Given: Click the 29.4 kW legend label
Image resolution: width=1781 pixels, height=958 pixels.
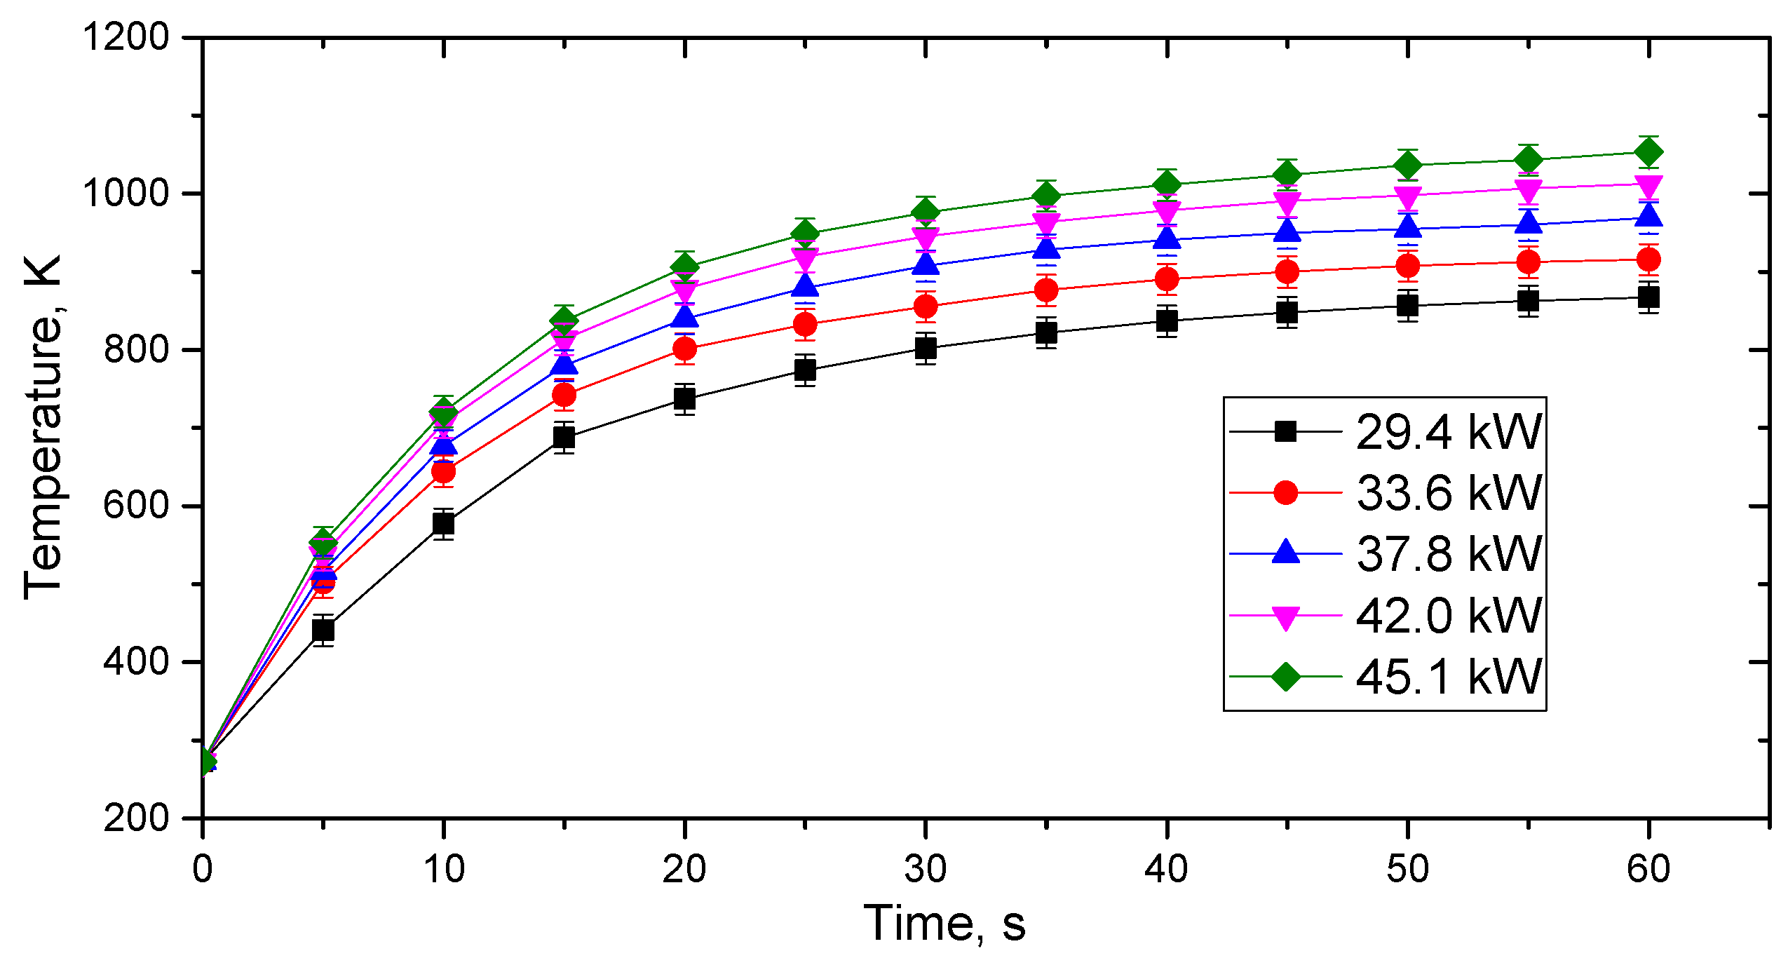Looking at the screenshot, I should coord(1449,431).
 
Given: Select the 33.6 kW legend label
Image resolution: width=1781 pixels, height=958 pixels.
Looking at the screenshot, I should coord(1449,492).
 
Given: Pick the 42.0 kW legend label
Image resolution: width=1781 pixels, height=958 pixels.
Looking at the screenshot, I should coord(1449,615).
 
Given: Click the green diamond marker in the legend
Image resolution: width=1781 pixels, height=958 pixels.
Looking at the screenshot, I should coord(1285,677).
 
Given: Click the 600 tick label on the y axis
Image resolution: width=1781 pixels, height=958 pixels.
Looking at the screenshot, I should coord(137,505).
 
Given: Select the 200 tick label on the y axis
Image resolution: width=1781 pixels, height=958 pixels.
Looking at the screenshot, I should coord(137,818).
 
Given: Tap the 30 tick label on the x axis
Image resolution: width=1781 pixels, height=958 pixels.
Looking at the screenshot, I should coord(926,869).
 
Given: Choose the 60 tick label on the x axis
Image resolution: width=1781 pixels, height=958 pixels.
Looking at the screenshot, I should coord(1648,869).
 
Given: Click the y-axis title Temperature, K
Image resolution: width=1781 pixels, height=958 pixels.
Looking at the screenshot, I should coord(43,428).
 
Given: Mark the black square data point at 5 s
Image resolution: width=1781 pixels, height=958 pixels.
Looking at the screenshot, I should coord(323,630).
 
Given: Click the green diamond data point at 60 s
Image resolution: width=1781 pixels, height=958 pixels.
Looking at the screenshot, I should coord(1648,152).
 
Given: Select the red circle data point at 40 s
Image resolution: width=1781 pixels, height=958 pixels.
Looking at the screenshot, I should coord(1167,279).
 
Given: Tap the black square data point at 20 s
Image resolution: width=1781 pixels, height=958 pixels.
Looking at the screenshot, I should coord(684,399).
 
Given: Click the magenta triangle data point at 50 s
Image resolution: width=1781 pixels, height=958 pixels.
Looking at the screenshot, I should coord(1407,196).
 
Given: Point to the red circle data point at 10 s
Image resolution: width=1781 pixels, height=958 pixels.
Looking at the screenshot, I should coord(443,472).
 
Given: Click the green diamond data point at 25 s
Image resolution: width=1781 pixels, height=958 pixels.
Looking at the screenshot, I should coord(805,233).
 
